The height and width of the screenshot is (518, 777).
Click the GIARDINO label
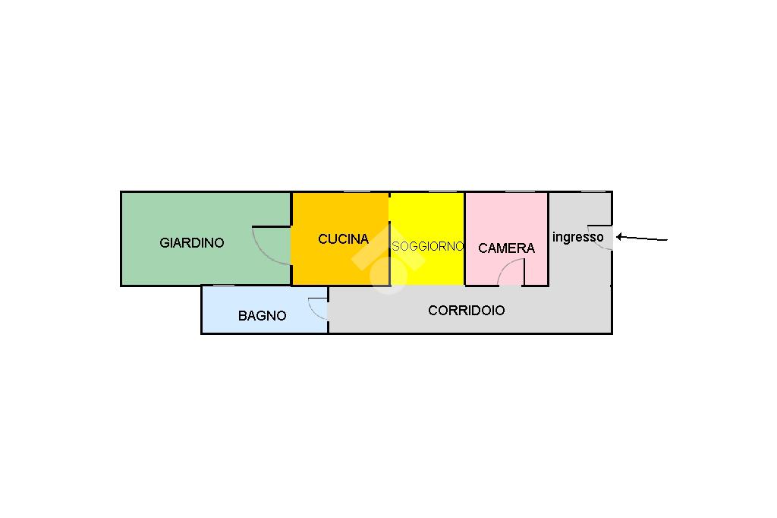click(x=192, y=243)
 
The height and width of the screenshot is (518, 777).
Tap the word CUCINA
click(x=343, y=239)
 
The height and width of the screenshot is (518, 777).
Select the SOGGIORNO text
click(x=427, y=247)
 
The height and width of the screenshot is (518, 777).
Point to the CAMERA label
click(x=506, y=248)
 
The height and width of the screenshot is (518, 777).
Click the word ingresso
click(x=578, y=237)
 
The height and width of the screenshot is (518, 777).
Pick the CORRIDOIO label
click(x=467, y=311)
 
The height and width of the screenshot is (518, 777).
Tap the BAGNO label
click(x=263, y=316)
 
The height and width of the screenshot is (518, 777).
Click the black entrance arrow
click(x=641, y=238)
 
